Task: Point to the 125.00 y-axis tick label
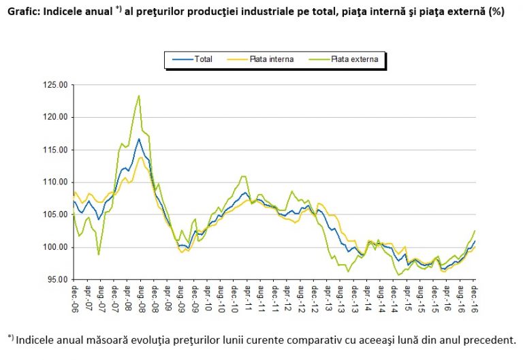pos(55,85)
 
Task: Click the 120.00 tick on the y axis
pos(55,117)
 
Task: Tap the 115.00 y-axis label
pos(55,150)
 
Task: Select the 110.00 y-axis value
pos(55,182)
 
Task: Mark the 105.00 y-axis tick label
pos(55,214)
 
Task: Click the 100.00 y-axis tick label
pos(55,247)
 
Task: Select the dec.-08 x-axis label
pos(154,297)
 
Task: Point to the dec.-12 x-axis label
pos(314,297)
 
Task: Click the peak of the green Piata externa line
pos(139,95)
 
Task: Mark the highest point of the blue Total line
pos(139,139)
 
